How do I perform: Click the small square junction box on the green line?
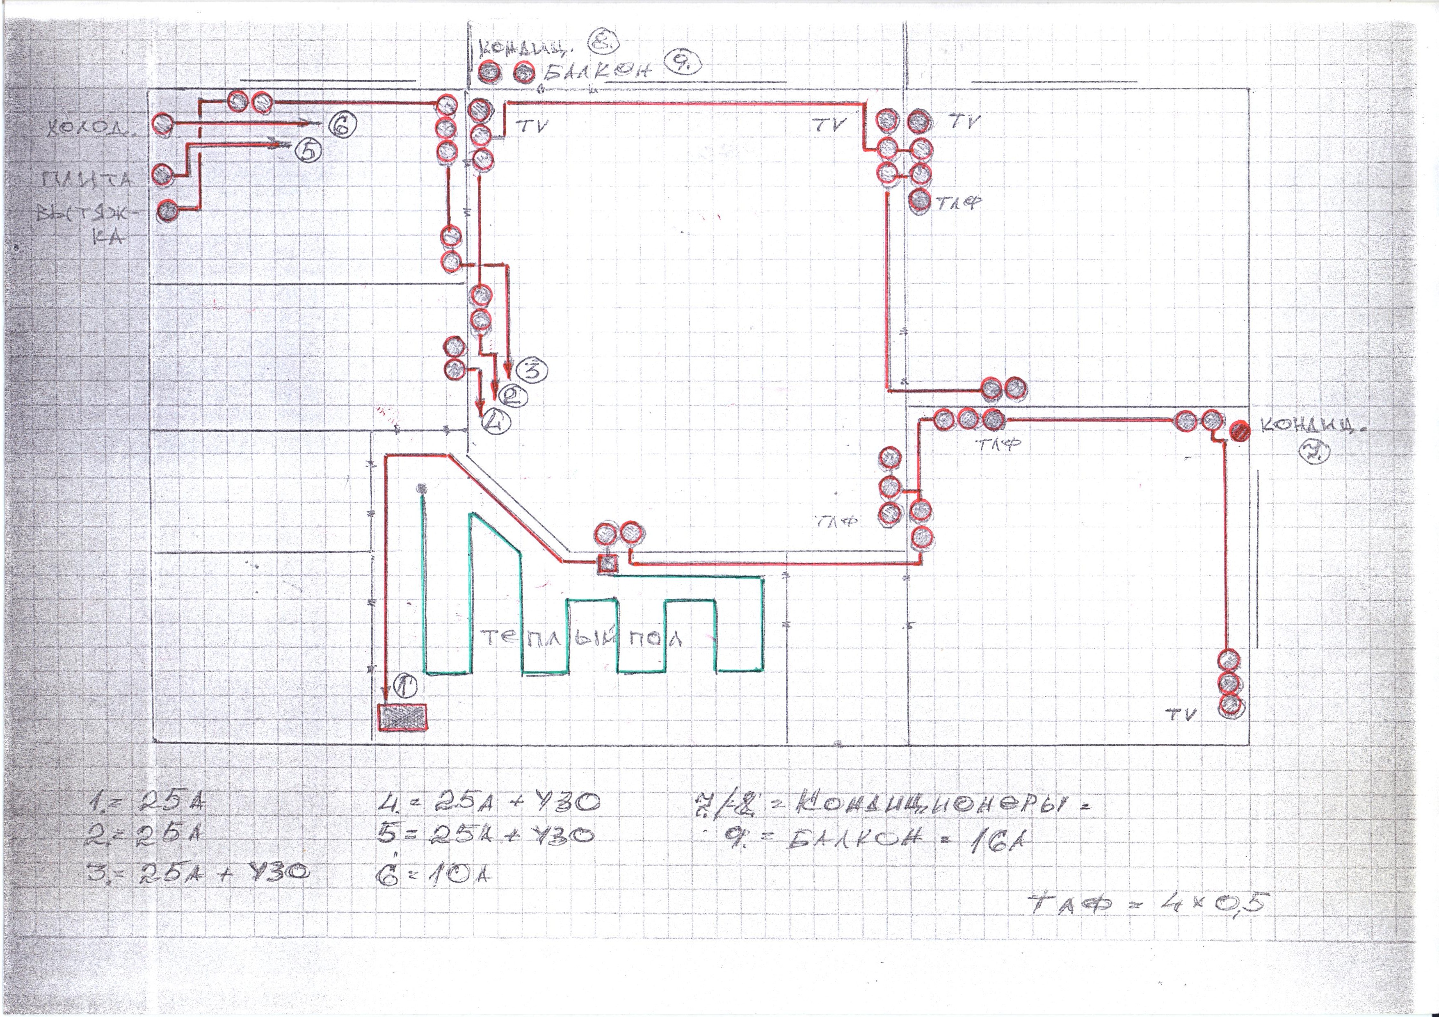coord(607,564)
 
